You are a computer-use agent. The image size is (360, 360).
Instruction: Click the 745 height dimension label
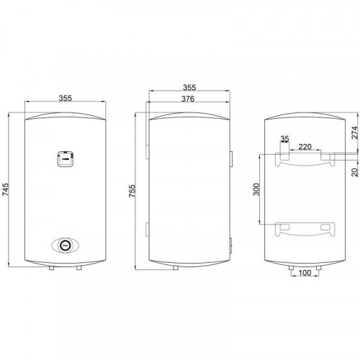(6, 189)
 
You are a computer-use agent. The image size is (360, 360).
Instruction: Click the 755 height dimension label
(132, 191)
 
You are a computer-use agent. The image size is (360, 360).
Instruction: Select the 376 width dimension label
(188, 99)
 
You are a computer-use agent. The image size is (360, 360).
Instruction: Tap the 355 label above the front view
(66, 98)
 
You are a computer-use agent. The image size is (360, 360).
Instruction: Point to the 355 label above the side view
(189, 87)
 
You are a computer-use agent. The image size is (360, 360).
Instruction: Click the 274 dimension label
(354, 132)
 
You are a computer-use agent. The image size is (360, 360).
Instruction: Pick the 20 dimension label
(355, 172)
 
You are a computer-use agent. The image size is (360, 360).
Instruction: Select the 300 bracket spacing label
(256, 189)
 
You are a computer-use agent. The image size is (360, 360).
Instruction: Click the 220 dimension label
(305, 147)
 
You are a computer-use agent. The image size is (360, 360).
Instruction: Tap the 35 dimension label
(285, 139)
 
